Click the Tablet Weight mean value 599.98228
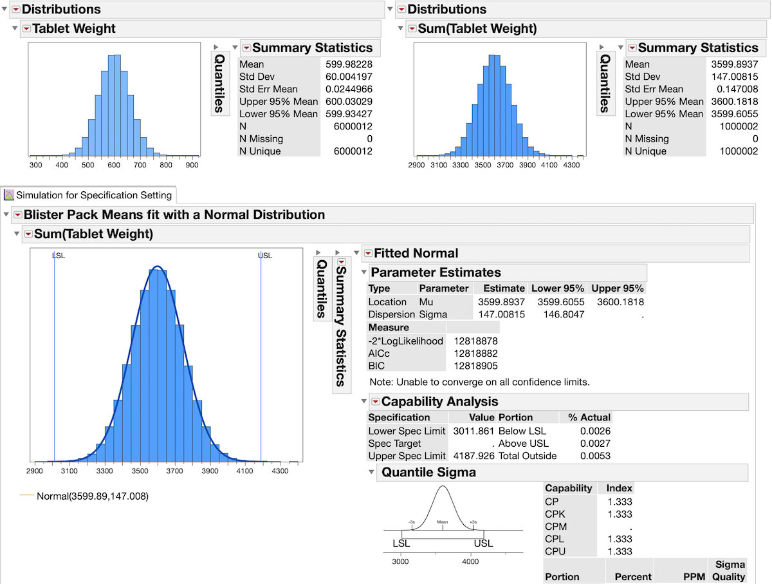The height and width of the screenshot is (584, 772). [x=350, y=64]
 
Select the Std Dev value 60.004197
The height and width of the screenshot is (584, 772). [x=350, y=77]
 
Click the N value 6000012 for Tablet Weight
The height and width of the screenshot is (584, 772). [x=354, y=126]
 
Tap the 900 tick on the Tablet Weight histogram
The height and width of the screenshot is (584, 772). [x=192, y=165]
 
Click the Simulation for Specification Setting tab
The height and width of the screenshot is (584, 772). [x=94, y=195]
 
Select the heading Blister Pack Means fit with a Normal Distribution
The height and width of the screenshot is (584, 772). [x=174, y=215]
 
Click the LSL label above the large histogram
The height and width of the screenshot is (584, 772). [x=59, y=256]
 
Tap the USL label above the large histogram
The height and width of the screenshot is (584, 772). [x=264, y=256]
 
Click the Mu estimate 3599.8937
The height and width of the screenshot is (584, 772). [x=501, y=302]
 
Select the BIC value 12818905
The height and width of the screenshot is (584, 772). [x=475, y=366]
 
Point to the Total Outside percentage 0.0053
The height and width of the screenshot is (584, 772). [x=598, y=456]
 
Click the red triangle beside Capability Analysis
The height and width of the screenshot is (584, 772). [x=375, y=402]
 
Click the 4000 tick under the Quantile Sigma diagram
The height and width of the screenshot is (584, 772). [x=470, y=561]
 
